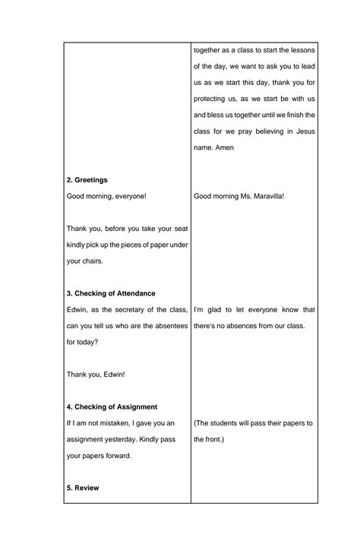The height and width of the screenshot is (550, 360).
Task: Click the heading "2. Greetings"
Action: click(87, 180)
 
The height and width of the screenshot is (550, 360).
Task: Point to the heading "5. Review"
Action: click(84, 488)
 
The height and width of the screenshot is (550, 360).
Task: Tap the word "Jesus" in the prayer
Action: click(302, 131)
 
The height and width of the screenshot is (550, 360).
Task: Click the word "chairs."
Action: click(96, 261)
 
